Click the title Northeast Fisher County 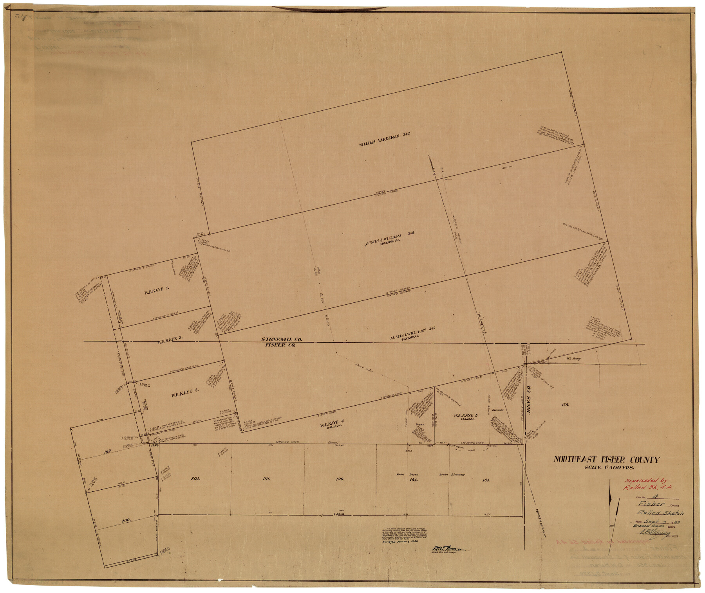coord(606,460)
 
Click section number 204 coord(196,479)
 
